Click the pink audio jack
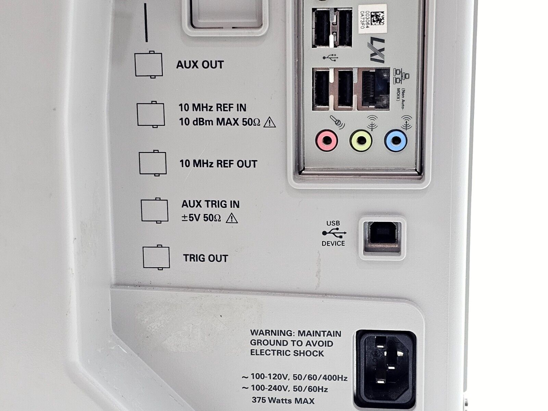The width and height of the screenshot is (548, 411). [x=326, y=141]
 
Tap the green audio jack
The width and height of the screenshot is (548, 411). [x=361, y=141]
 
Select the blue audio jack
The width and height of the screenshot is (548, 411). [x=396, y=141]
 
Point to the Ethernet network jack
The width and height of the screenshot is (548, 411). [x=374, y=89]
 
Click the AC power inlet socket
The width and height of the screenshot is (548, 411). [x=386, y=369]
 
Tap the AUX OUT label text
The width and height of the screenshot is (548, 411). [x=200, y=65]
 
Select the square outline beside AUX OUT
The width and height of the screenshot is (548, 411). [x=149, y=65]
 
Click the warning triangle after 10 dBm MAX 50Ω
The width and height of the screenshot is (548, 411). [x=270, y=123]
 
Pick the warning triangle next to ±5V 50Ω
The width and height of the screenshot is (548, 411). [x=232, y=218]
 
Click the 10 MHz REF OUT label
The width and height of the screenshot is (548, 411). [x=219, y=164]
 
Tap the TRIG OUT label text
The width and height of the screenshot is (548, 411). [x=206, y=258]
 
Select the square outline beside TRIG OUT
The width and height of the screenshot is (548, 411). [x=156, y=258]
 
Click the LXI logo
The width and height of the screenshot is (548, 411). [x=376, y=50]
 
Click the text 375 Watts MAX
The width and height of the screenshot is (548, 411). [x=283, y=400]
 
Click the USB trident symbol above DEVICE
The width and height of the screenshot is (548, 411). [x=334, y=233]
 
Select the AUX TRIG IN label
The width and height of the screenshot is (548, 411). [x=210, y=204]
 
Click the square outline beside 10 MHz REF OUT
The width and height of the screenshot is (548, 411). [x=153, y=163]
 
